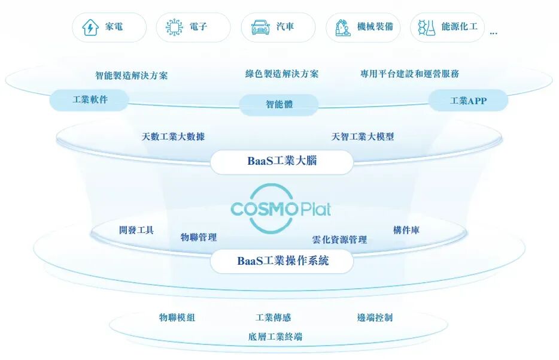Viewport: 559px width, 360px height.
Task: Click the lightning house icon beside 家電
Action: tap(90, 28)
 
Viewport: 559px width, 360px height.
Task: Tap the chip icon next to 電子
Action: tap(174, 28)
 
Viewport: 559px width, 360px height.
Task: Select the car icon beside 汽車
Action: tap(260, 28)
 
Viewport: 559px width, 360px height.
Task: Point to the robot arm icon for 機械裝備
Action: tap(343, 28)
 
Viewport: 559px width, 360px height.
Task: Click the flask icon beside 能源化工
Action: tap(426, 28)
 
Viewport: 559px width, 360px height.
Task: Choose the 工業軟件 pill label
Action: tap(90, 100)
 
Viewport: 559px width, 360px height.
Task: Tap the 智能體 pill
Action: tap(279, 104)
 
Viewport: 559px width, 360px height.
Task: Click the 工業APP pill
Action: tap(468, 101)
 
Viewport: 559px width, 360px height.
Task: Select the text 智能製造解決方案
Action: tap(132, 75)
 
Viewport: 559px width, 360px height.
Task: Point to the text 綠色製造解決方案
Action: tap(282, 74)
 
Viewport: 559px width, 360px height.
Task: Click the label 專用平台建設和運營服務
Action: tap(409, 74)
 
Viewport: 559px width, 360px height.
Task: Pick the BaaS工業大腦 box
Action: tap(281, 161)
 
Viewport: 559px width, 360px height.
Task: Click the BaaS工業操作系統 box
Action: tap(282, 261)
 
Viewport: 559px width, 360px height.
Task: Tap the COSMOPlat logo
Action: tap(280, 209)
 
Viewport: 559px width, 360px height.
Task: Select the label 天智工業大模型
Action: tap(363, 137)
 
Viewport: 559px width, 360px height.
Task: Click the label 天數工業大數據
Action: tap(173, 137)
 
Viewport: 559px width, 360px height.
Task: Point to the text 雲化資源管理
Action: tap(339, 240)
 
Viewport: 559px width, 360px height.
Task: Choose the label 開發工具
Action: tap(136, 229)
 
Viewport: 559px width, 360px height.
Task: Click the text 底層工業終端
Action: tap(275, 337)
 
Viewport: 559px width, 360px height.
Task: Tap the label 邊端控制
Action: tap(375, 317)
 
